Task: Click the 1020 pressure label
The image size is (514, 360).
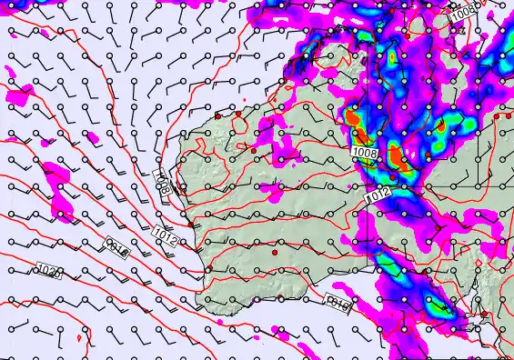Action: pos(49,271)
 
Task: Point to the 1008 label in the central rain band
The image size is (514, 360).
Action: pos(365,155)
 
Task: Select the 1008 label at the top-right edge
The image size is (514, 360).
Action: pos(463,13)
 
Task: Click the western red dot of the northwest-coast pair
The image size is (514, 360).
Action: pos(218,116)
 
